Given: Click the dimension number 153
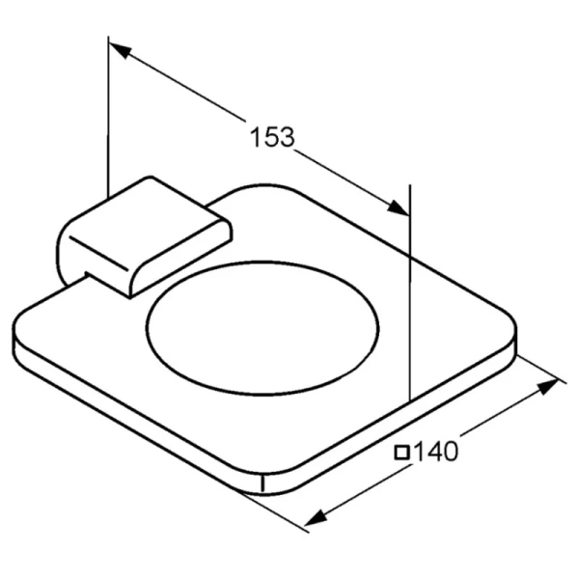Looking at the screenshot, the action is [272, 137].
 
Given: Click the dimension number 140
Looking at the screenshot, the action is [436, 451].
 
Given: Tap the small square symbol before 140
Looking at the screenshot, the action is [401, 453].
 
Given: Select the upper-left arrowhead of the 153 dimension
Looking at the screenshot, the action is [120, 50].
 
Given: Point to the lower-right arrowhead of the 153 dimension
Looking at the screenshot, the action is [398, 207].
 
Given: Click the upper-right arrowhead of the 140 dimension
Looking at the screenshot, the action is [547, 386].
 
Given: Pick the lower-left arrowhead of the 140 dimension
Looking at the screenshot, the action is [316, 517].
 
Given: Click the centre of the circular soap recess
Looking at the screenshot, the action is [262, 328].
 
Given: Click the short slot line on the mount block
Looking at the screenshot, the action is [98, 253].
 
